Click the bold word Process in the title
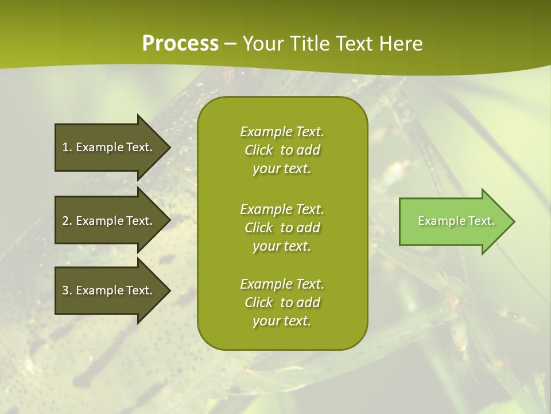[x=180, y=44]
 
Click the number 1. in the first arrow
[x=67, y=147]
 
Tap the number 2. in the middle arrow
[x=67, y=221]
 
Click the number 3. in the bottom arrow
[x=67, y=290]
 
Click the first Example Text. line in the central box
[x=282, y=132]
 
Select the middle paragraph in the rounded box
[x=282, y=227]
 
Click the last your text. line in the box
[x=282, y=321]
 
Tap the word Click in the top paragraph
[x=258, y=150]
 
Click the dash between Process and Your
[x=231, y=44]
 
